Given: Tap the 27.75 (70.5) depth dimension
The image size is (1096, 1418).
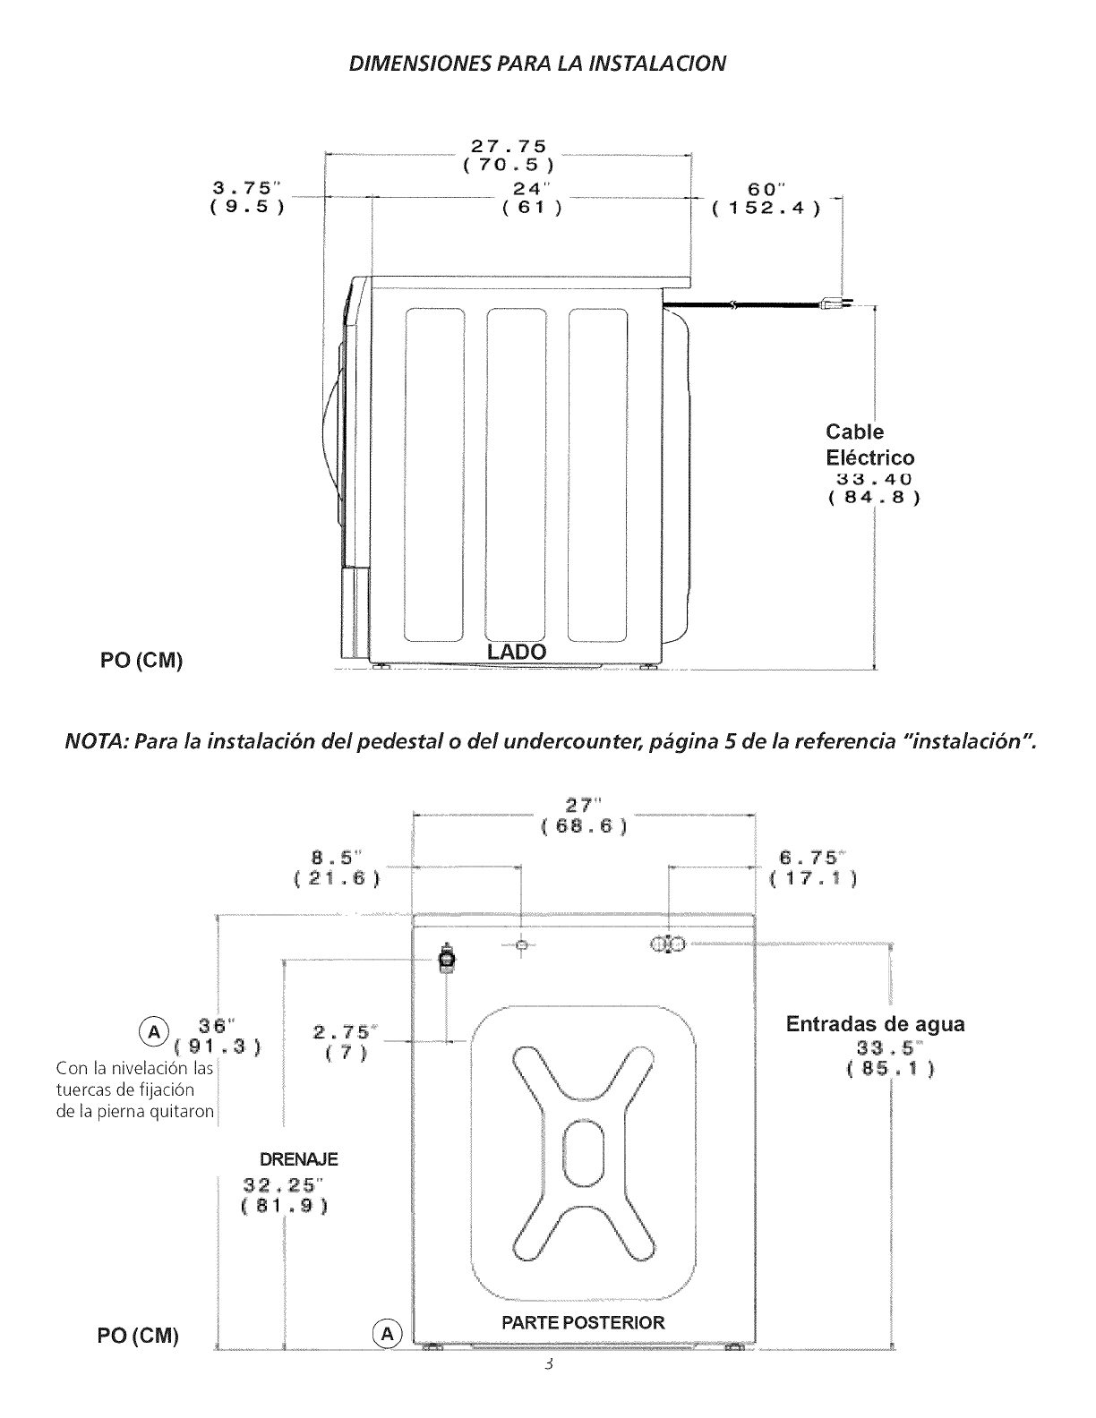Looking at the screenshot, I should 509,155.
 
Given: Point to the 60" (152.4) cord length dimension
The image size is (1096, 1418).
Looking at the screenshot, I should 766,198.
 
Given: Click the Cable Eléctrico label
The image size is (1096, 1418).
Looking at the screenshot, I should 869,445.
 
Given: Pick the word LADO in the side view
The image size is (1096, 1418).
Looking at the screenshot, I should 517,651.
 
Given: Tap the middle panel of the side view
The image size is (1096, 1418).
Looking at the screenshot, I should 516,474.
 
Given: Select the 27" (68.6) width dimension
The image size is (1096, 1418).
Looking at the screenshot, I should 584,815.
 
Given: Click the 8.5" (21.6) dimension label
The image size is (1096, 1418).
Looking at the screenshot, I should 337,867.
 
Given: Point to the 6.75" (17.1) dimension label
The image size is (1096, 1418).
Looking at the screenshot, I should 813,867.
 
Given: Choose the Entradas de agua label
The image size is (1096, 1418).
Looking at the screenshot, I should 875,1024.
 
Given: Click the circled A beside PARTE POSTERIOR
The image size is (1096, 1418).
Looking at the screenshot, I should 386,1334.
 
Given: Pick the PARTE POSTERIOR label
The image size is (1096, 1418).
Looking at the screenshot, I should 583,1322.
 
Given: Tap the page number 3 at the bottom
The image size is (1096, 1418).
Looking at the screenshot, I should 548,1365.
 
